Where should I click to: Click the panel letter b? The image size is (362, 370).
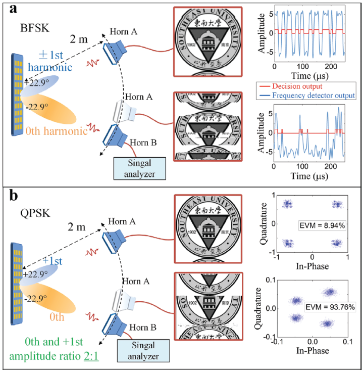(x=9, y=195)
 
